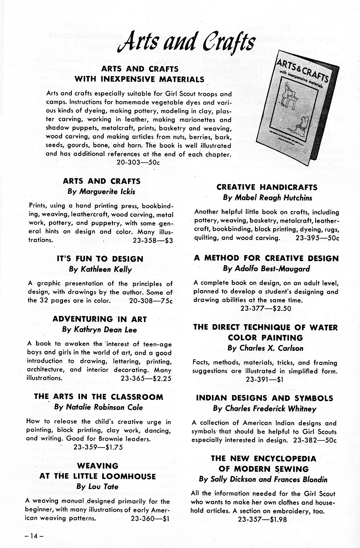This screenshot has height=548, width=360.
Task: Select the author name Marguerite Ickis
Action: click(102, 191)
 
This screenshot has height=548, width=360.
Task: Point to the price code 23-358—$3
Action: click(153, 240)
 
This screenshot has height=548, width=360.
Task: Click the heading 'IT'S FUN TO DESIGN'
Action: click(100, 259)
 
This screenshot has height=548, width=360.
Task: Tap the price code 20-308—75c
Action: click(151, 300)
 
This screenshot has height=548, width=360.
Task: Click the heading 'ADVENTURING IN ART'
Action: click(100, 319)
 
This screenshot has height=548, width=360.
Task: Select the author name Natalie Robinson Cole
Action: click(98, 407)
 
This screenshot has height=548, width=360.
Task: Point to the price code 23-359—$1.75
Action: click(98, 447)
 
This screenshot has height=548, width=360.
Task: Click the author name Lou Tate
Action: click(98, 487)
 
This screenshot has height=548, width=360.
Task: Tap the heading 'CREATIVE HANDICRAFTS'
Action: click(267, 187)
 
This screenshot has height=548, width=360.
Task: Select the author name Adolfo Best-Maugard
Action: click(266, 269)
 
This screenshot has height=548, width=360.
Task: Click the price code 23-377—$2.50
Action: click(266, 308)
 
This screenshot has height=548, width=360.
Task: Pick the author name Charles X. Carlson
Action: click(265, 348)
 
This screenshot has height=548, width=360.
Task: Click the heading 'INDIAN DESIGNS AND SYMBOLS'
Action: click(265, 398)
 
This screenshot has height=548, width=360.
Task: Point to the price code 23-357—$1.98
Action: click(262, 519)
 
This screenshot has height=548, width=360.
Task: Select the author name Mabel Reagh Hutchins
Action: click(267, 198)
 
